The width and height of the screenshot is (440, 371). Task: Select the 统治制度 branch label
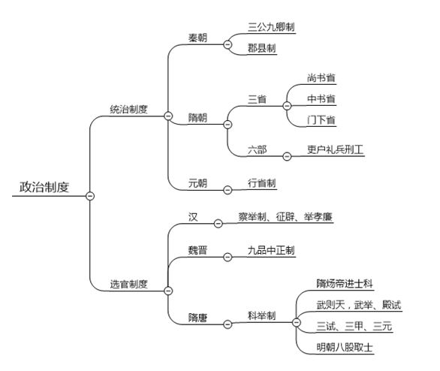tap(128, 109)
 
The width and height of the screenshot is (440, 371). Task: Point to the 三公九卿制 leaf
tap(271, 26)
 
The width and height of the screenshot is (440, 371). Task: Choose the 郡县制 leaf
tap(262, 47)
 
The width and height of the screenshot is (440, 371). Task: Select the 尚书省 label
tap(321, 77)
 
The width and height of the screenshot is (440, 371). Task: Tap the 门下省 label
tap(321, 120)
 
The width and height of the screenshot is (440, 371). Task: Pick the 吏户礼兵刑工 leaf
tap(336, 148)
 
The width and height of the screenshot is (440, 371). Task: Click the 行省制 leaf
tap(262, 182)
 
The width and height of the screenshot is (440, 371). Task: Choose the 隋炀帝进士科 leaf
tap(345, 284)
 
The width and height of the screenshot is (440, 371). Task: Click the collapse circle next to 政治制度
tap(90, 195)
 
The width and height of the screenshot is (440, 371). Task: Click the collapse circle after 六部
tap(286, 156)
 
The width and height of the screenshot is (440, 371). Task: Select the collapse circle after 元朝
tap(227, 190)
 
